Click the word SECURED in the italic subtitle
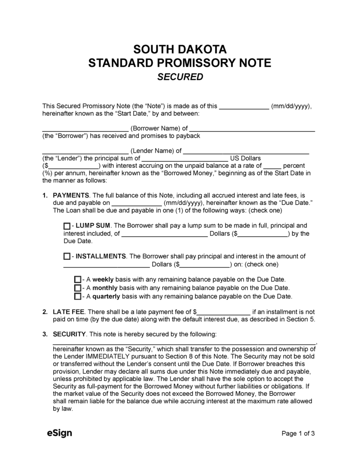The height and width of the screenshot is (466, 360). [x=180, y=77]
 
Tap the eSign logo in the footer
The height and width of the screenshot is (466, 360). [x=59, y=433]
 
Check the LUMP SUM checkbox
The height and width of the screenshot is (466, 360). [x=67, y=226]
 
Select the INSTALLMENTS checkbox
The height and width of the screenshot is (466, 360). [x=67, y=257]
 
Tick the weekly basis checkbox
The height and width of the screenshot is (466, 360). [x=77, y=279]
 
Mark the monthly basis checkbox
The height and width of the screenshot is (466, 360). [x=77, y=288]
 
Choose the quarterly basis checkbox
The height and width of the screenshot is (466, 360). [x=77, y=297]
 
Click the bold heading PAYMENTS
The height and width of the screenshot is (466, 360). [x=71, y=195]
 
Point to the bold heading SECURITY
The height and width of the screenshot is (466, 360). [x=69, y=334]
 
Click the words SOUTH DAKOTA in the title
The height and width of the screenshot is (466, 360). [x=180, y=50]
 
